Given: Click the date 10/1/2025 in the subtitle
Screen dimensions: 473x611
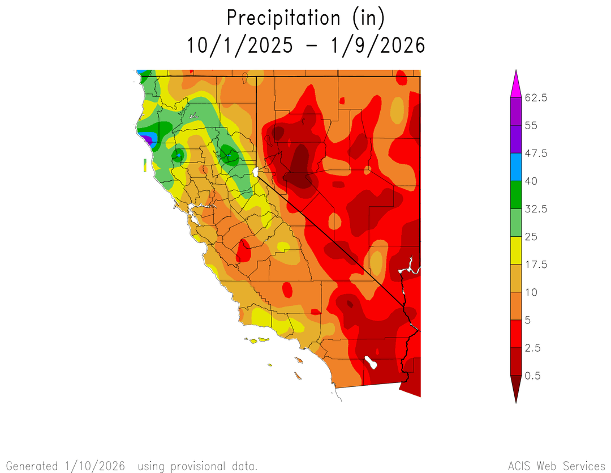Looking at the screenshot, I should coord(240,45).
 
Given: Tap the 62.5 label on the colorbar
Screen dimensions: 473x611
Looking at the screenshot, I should coord(536,98).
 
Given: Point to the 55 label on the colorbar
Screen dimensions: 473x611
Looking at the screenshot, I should coord(531,126).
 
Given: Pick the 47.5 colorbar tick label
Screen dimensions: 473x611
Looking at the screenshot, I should coord(536,154).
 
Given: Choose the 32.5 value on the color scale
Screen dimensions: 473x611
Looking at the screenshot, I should coord(536,209).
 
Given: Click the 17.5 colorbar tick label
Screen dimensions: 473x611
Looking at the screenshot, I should coord(536,265).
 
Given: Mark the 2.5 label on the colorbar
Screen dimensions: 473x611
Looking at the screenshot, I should coord(533,348).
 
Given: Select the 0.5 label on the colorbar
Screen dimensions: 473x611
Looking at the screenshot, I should coord(533,376).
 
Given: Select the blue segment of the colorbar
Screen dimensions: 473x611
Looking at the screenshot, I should coord(516,167).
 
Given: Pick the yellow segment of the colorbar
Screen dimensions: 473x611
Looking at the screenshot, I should coord(516,250).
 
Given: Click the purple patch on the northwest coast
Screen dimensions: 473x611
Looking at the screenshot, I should coord(147,138).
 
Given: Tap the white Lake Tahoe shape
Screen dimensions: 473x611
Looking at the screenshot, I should coord(256,171).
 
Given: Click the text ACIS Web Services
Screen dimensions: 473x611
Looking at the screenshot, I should coord(556,466).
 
